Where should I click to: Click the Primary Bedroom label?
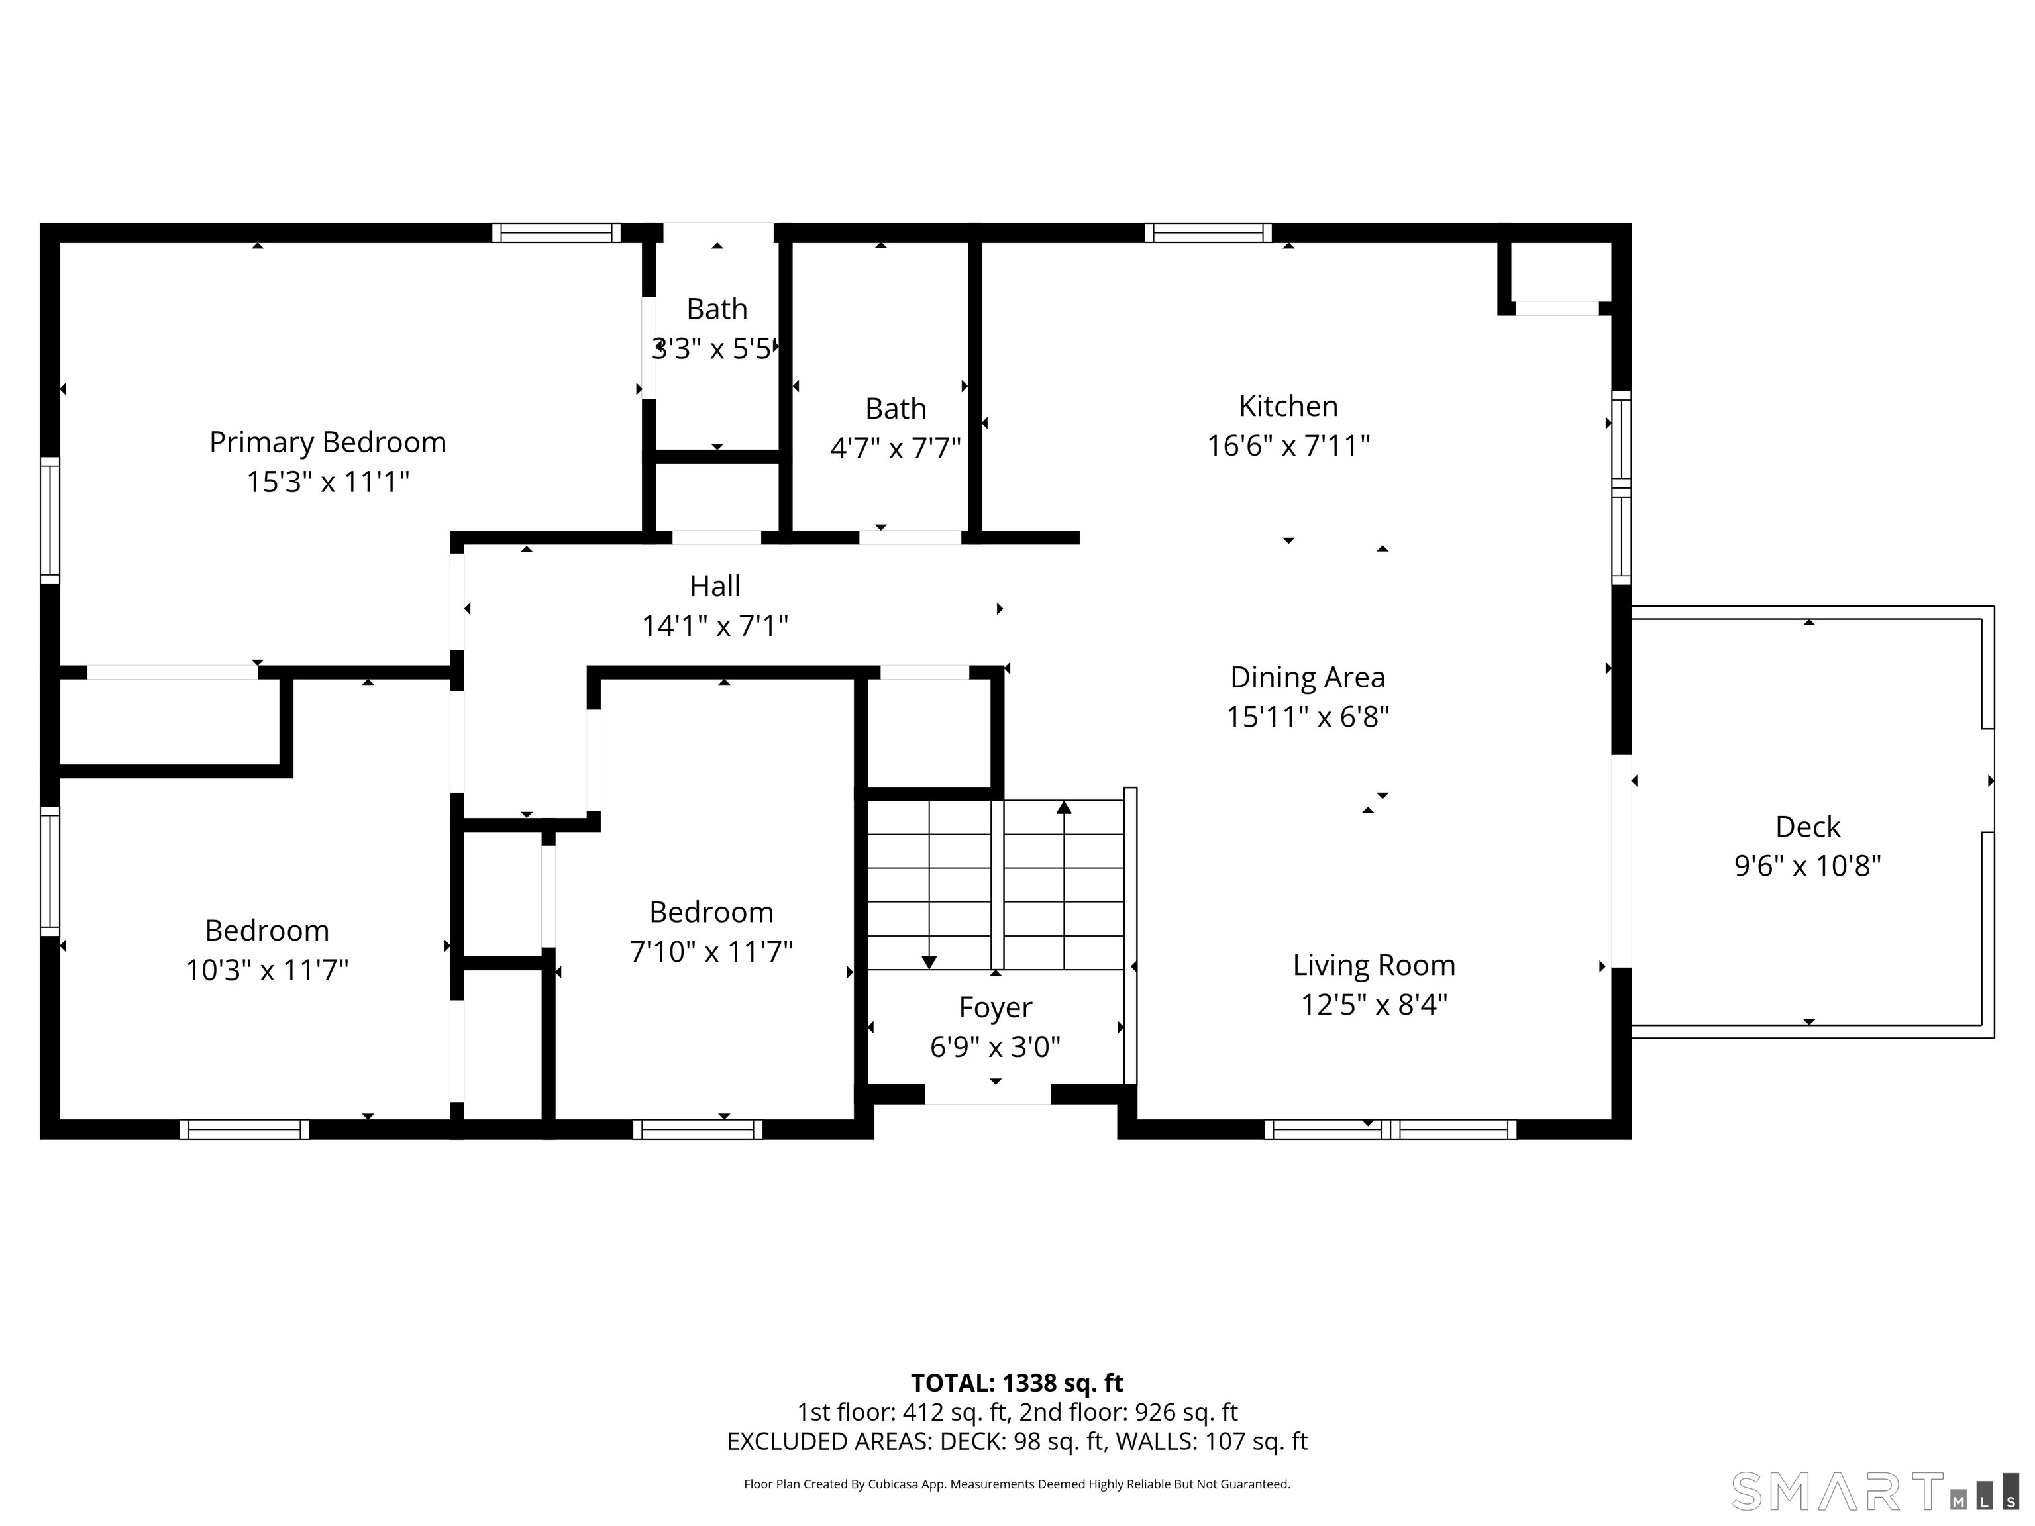[327, 442]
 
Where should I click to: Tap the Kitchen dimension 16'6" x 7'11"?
[1288, 446]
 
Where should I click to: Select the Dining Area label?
[1307, 677]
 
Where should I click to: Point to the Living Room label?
[1373, 965]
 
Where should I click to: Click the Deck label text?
[1808, 827]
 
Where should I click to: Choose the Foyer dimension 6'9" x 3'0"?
[994, 1046]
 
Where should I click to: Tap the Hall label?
[715, 586]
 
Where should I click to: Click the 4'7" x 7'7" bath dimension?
[895, 448]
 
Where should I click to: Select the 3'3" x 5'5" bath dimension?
[715, 348]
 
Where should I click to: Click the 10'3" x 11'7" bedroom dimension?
[267, 970]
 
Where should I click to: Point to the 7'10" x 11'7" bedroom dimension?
[711, 951]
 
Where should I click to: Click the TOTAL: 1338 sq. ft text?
[1017, 1384]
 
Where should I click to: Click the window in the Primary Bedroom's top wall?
[556, 232]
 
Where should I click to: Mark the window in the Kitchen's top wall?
[1208, 232]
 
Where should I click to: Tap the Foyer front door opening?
[987, 1095]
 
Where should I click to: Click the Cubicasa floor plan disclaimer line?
[1017, 1484]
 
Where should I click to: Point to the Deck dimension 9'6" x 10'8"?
[1808, 866]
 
